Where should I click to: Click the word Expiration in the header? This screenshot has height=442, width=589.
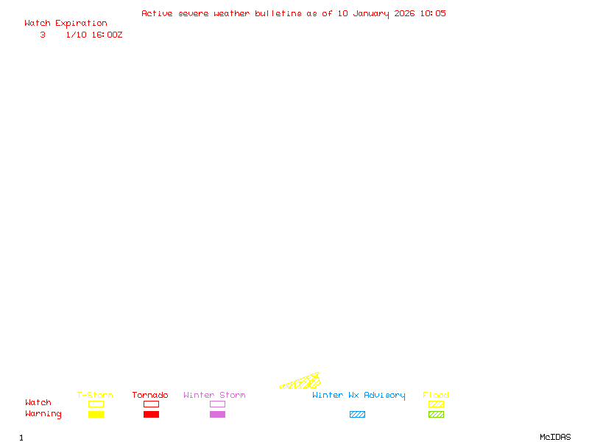[81, 24]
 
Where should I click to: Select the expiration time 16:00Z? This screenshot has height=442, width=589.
[107, 35]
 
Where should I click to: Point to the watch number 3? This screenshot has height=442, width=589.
[43, 35]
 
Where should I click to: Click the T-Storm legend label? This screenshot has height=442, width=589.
[95, 396]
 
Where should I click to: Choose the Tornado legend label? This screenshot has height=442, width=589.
[150, 396]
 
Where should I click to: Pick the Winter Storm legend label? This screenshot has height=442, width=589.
[214, 396]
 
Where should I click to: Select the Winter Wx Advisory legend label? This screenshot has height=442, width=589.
[359, 396]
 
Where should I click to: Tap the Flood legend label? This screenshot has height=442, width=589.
[436, 396]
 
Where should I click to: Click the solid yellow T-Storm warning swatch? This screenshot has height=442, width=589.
[96, 415]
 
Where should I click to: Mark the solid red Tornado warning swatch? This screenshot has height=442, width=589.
[151, 415]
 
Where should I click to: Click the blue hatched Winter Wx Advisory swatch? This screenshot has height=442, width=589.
[357, 415]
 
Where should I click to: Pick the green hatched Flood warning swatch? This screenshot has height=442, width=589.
[436, 415]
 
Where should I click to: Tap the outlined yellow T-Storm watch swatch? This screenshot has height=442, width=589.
[96, 404]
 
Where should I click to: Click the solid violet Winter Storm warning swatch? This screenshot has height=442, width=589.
[217, 415]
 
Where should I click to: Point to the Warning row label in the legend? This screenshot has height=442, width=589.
[43, 414]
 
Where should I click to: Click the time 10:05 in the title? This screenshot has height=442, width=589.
[433, 13]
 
